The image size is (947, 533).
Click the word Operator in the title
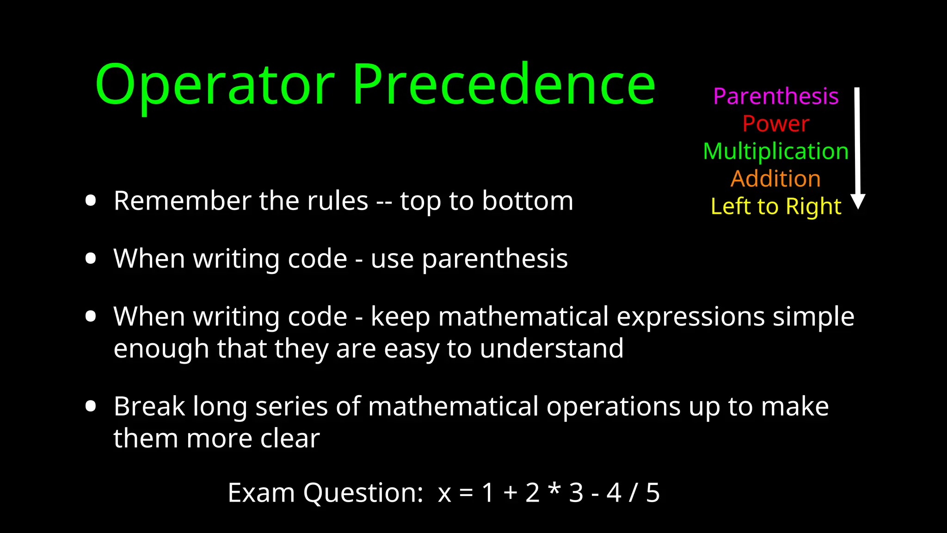click(215, 85)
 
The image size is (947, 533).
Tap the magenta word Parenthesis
click(775, 96)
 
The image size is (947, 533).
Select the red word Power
click(775, 124)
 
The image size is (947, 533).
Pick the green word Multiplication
click(775, 151)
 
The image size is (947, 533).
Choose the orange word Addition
click(775, 179)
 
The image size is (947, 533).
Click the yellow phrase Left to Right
click(775, 206)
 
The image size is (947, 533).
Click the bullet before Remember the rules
click(91, 201)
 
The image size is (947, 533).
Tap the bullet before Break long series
click(91, 406)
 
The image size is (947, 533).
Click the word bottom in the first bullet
click(528, 201)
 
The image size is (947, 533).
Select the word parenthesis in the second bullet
click(495, 259)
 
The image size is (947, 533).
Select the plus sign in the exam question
click(510, 493)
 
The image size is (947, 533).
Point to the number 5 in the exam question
click(652, 493)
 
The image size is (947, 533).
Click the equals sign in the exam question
click(466, 493)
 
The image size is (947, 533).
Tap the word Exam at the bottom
click(261, 493)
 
